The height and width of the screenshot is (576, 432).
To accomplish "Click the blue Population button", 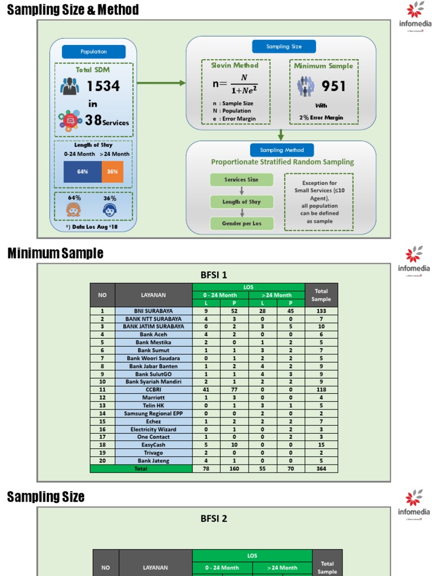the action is (93, 52).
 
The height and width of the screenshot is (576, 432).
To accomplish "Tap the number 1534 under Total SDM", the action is (103, 86).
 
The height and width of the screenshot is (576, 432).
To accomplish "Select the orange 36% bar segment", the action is (112, 172).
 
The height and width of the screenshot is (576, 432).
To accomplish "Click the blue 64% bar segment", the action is (83, 172).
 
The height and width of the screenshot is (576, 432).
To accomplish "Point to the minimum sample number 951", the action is (334, 86).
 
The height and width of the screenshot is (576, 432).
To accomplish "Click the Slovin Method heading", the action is (235, 65).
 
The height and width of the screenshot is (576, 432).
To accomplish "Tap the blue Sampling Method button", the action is (282, 150).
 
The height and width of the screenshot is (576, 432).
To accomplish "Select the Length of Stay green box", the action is (241, 201).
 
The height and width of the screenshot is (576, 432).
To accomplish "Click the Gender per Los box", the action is (241, 223).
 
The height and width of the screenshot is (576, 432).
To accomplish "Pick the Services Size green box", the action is (241, 180).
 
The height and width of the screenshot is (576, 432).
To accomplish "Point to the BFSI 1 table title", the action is (214, 275).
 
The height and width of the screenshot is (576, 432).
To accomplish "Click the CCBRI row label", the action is (154, 389).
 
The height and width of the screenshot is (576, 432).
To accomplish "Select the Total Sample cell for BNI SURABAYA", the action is (321, 310).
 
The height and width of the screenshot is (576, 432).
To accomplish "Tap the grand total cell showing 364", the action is (321, 469).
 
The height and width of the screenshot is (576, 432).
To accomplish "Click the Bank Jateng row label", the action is (154, 461).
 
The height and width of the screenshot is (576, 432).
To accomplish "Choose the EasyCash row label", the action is (154, 445).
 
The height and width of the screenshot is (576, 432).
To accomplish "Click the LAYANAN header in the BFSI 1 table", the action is (154, 295).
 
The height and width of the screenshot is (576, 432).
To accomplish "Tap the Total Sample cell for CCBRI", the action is (321, 389).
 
